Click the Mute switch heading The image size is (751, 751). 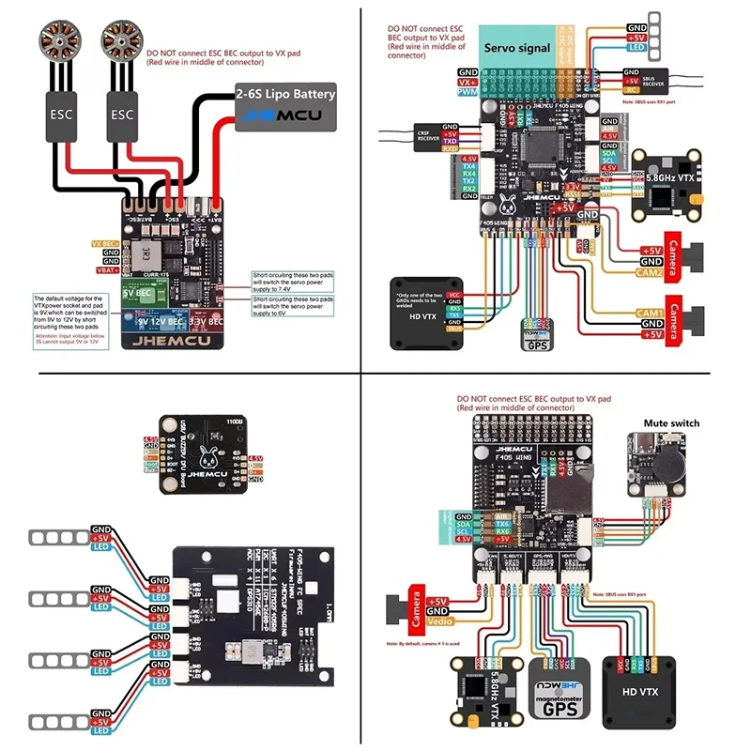point(670,423)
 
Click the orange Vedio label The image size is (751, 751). point(438,621)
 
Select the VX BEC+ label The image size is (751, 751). point(105,243)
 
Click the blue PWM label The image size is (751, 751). point(467,92)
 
